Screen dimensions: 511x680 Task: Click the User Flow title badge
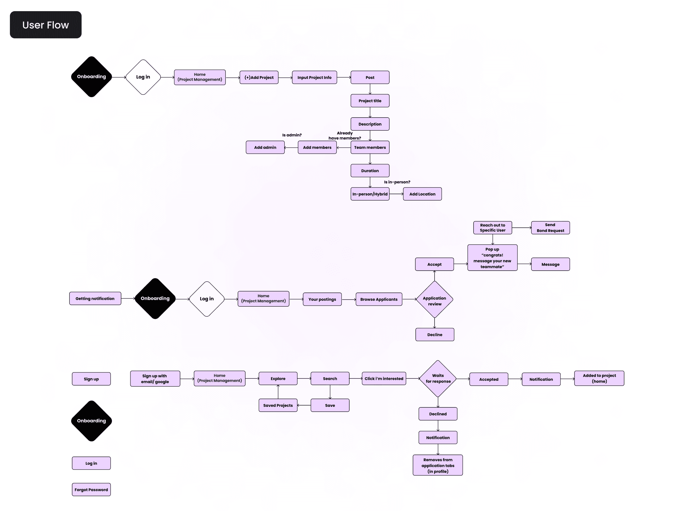point(46,25)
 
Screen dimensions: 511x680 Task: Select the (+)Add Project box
point(259,77)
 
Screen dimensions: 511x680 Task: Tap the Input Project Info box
point(314,77)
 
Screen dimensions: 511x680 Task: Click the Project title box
point(370,101)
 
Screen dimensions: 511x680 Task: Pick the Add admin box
point(265,148)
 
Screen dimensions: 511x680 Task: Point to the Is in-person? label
point(397,182)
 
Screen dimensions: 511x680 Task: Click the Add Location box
point(422,194)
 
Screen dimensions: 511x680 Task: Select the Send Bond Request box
point(550,228)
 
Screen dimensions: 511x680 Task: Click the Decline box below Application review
point(435,335)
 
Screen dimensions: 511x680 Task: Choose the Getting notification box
point(95,298)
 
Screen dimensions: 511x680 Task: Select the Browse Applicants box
point(379,299)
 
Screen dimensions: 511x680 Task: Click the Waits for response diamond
point(438,379)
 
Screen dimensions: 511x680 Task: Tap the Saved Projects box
point(278,405)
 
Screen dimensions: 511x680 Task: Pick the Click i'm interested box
point(384,379)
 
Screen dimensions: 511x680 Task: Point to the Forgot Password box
point(91,490)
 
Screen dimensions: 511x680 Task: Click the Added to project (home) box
point(599,378)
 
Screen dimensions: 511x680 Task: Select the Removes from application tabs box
point(438,465)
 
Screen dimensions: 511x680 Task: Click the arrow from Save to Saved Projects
point(304,405)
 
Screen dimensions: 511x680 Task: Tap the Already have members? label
point(345,135)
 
